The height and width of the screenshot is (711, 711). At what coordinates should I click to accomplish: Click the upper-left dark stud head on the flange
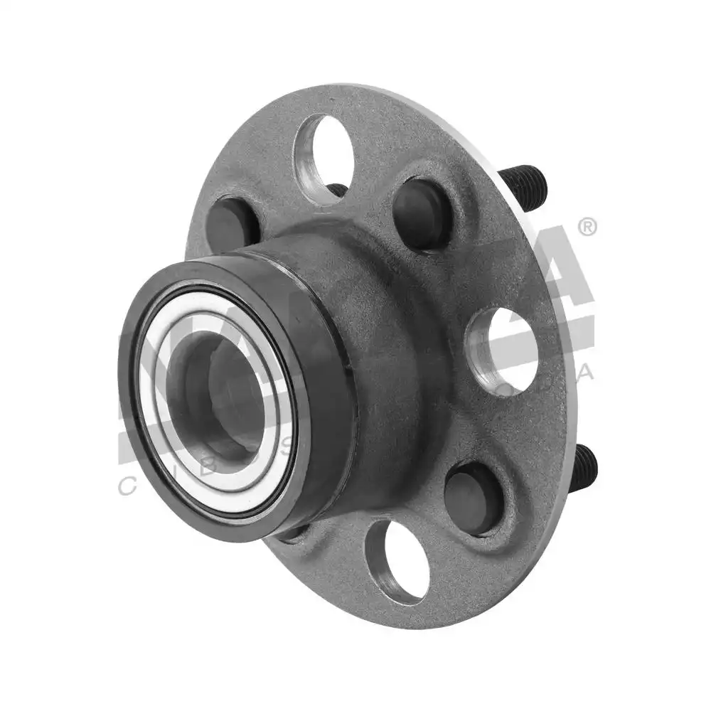pyautogui.click(x=232, y=222)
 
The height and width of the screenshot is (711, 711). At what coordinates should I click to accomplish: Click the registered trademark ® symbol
pyautogui.click(x=587, y=228)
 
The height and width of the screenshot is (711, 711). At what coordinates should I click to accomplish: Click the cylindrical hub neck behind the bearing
pyautogui.click(x=370, y=334)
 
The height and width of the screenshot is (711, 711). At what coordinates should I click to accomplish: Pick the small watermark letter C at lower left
pyautogui.click(x=126, y=486)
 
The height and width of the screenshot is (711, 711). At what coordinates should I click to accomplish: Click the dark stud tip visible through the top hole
pyautogui.click(x=337, y=190)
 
